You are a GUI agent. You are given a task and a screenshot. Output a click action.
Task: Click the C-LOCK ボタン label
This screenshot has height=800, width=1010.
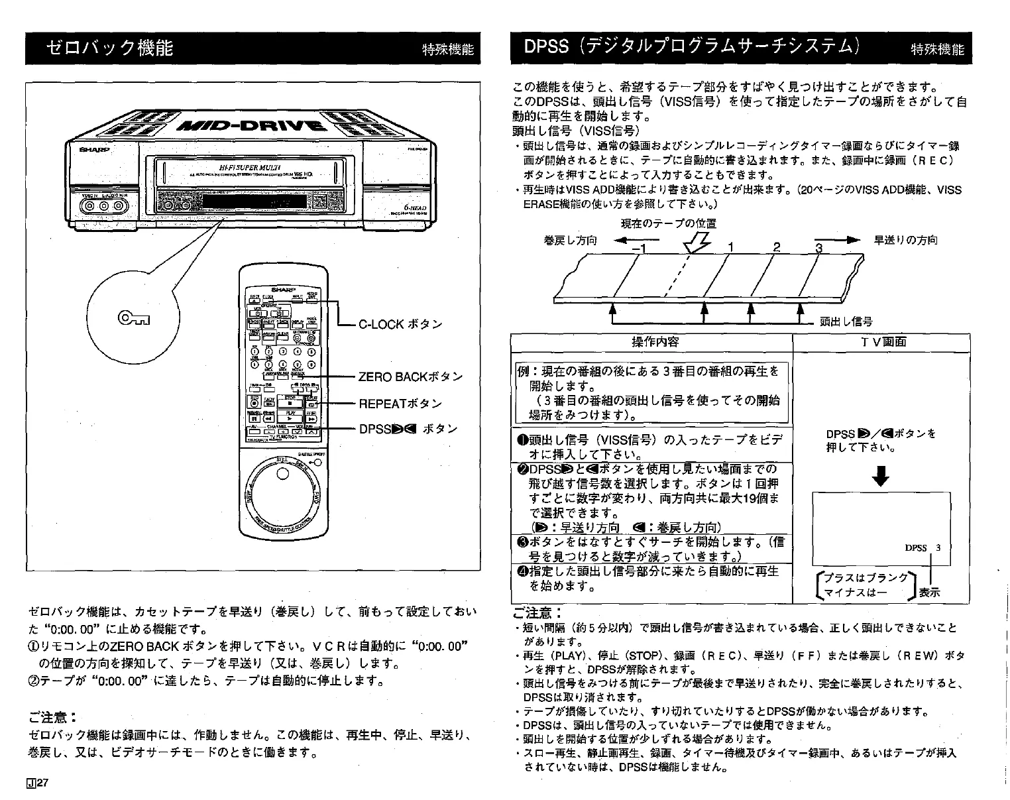(400, 325)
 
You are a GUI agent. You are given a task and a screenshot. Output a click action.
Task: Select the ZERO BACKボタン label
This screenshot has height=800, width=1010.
(410, 377)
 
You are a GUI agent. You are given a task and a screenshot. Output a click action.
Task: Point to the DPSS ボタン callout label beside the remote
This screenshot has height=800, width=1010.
(408, 429)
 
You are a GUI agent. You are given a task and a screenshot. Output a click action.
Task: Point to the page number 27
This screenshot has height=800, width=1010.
(40, 783)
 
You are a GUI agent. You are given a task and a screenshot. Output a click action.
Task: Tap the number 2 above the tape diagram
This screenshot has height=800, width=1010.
(777, 247)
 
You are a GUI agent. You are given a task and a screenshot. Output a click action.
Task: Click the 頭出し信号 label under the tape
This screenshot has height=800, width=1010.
(846, 322)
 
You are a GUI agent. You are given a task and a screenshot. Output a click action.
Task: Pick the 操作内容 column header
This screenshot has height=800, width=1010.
(655, 342)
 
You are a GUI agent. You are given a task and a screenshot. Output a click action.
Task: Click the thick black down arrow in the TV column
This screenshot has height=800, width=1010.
(881, 476)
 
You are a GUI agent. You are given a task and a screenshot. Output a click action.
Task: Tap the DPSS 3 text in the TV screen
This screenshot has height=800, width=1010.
(923, 547)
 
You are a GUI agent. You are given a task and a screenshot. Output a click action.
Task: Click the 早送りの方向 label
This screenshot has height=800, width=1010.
(906, 240)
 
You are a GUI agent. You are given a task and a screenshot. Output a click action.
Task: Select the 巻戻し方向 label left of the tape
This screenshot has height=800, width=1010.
(570, 240)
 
